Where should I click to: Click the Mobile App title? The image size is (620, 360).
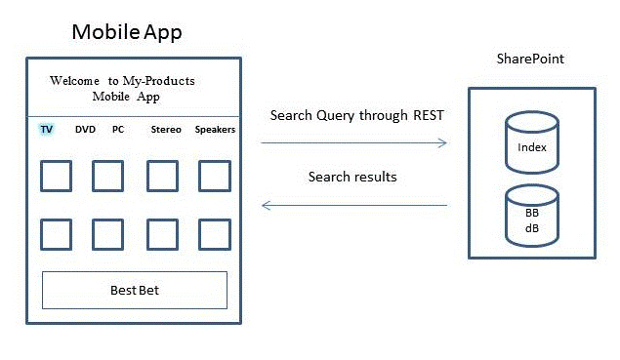127,32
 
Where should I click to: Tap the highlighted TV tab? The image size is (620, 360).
46,129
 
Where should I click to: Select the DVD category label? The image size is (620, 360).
86,129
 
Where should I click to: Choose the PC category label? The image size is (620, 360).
118,129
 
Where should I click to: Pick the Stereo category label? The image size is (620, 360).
166,129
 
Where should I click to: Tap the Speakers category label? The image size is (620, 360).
215,129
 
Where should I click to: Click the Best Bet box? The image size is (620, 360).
135,290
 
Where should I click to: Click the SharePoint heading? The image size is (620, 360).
530,60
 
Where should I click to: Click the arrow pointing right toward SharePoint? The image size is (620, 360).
353,143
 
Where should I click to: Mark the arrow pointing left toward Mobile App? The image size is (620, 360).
353,205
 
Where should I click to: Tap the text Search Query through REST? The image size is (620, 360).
356,116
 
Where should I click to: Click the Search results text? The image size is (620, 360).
352,177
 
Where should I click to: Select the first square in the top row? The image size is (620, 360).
56,177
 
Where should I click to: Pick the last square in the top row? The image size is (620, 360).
215,177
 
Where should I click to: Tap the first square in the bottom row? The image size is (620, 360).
56,235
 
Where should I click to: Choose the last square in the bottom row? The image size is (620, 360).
215,235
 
